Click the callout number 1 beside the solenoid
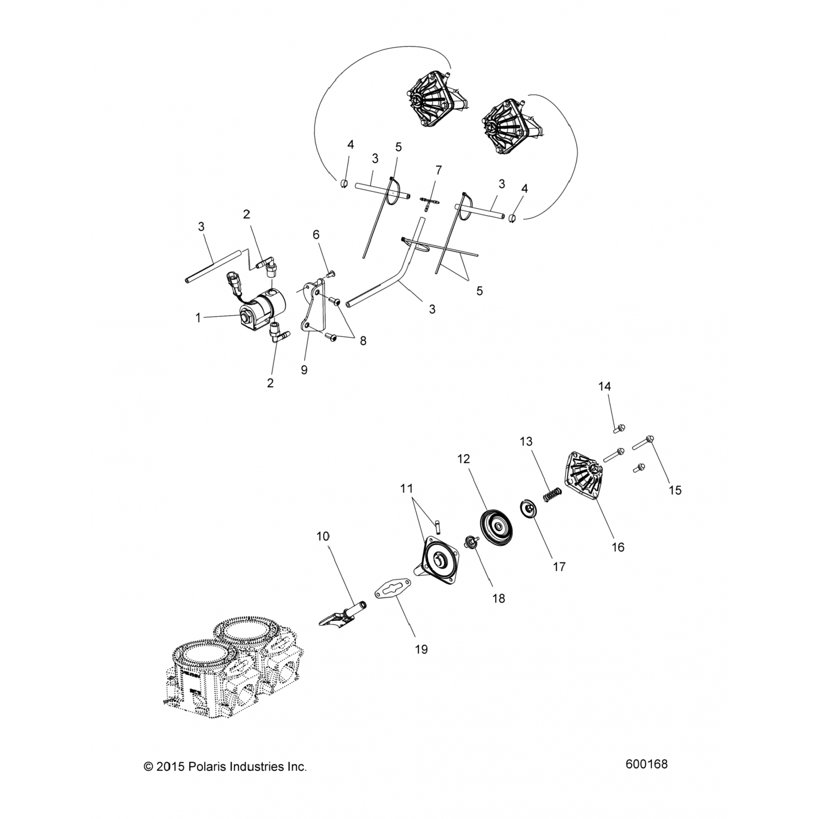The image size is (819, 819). click(x=199, y=317)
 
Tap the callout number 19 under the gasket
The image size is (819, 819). click(x=421, y=649)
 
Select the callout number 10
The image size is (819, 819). click(x=323, y=536)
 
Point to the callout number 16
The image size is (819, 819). click(x=618, y=547)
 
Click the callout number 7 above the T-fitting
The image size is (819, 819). click(x=438, y=169)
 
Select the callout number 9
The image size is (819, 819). click(x=304, y=370)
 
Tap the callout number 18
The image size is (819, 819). click(x=498, y=598)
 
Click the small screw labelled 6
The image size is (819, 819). click(x=331, y=274)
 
